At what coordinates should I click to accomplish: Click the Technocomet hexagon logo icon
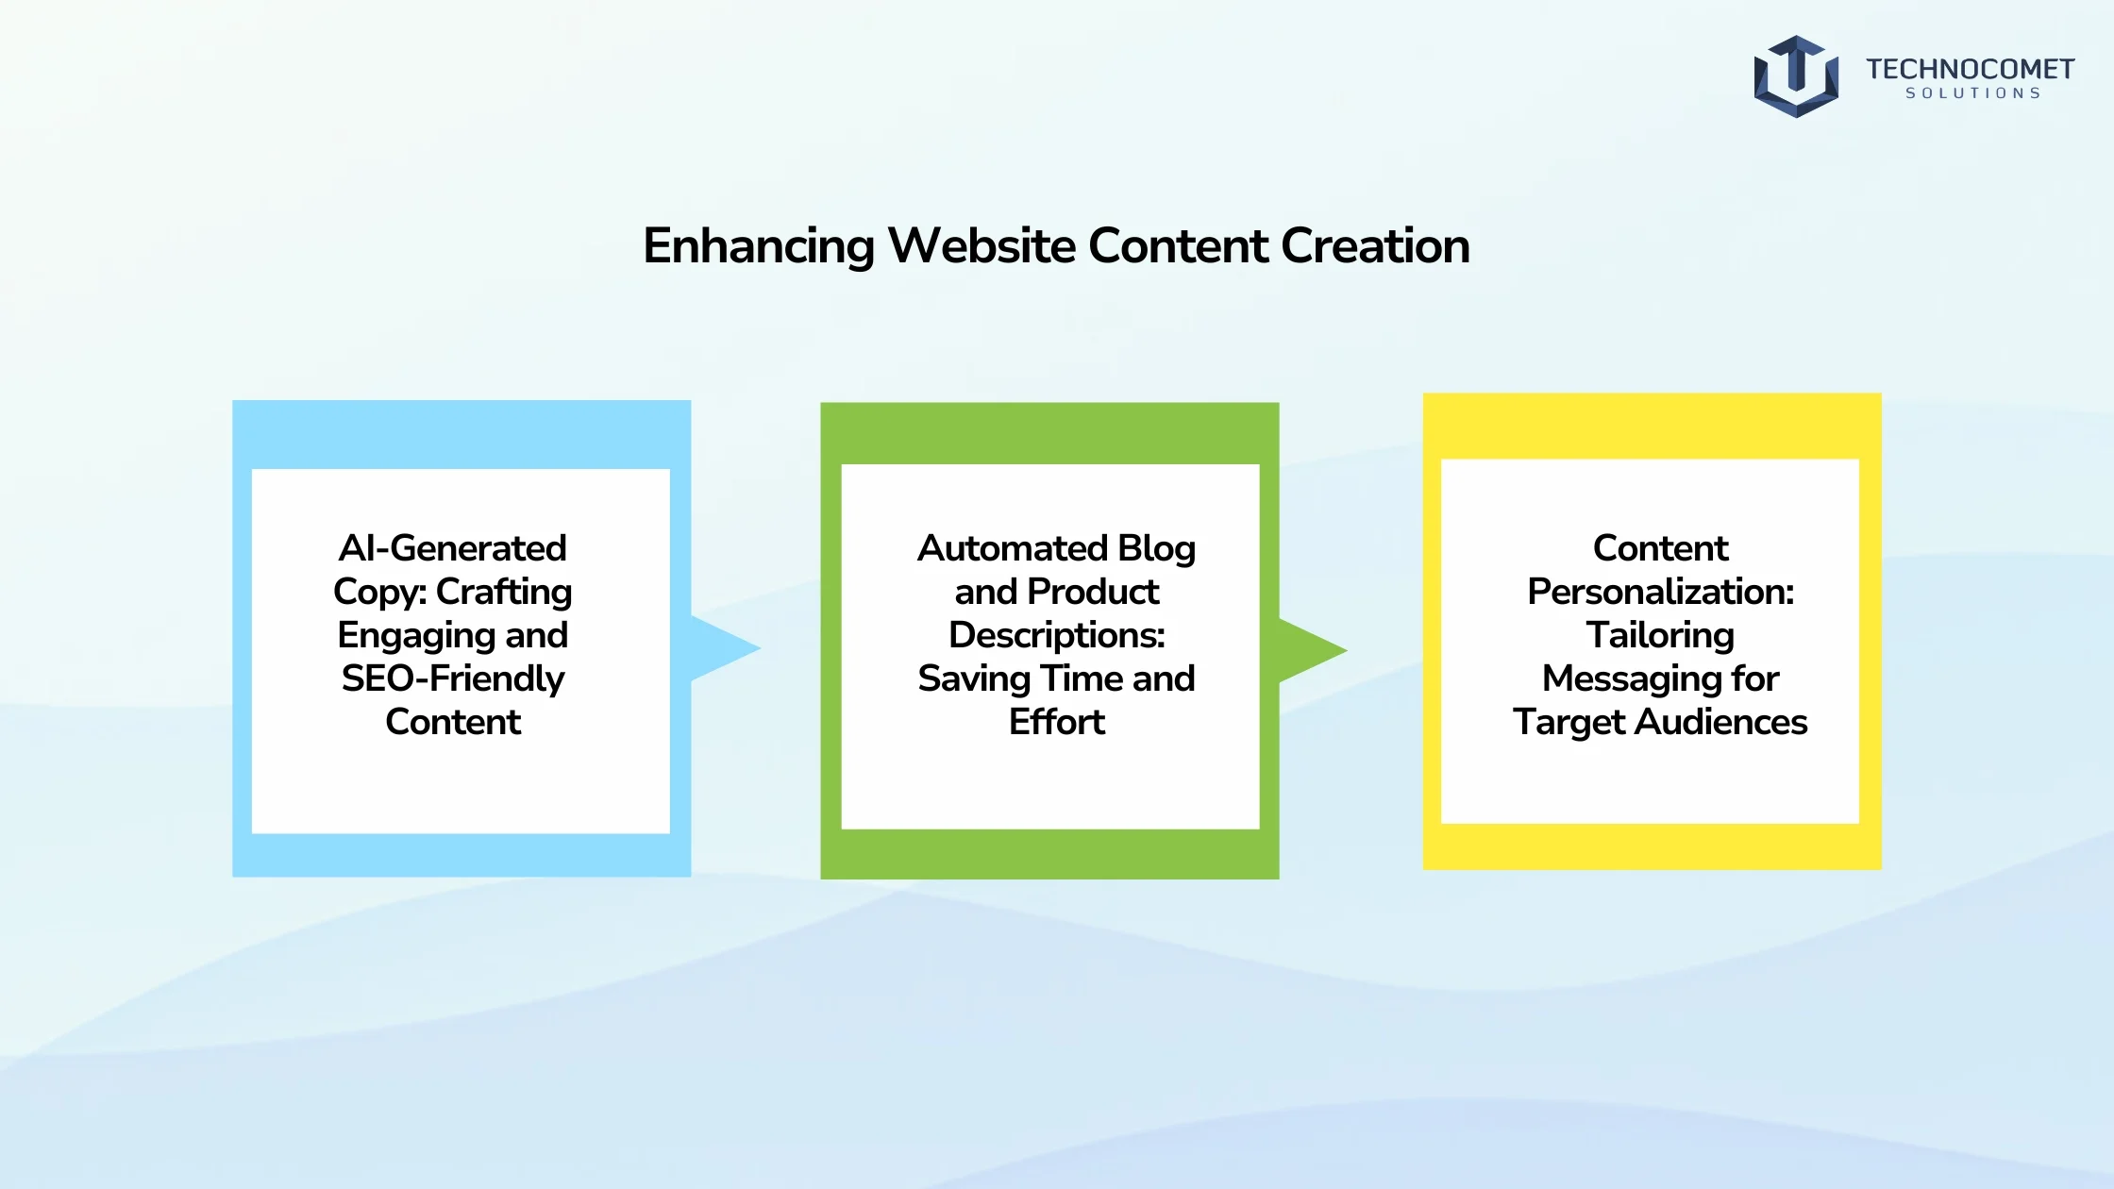coord(1796,76)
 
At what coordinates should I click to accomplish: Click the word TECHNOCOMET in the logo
coord(1970,69)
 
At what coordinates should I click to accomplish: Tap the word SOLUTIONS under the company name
coord(1972,93)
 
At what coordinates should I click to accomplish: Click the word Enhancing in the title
coord(759,246)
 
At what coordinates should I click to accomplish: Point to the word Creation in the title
coord(1375,245)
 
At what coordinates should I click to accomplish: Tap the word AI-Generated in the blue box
coord(453,548)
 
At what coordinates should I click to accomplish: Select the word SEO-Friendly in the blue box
coord(453,678)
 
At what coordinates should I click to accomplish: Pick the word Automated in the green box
coord(1012,548)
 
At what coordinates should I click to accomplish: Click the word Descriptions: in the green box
coord(1057,635)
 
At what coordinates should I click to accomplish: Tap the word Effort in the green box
coord(1057,722)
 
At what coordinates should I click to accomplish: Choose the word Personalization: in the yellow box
coord(1661,592)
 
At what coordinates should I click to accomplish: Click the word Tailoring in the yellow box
coord(1660,636)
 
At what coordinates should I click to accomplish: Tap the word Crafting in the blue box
coord(504,593)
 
